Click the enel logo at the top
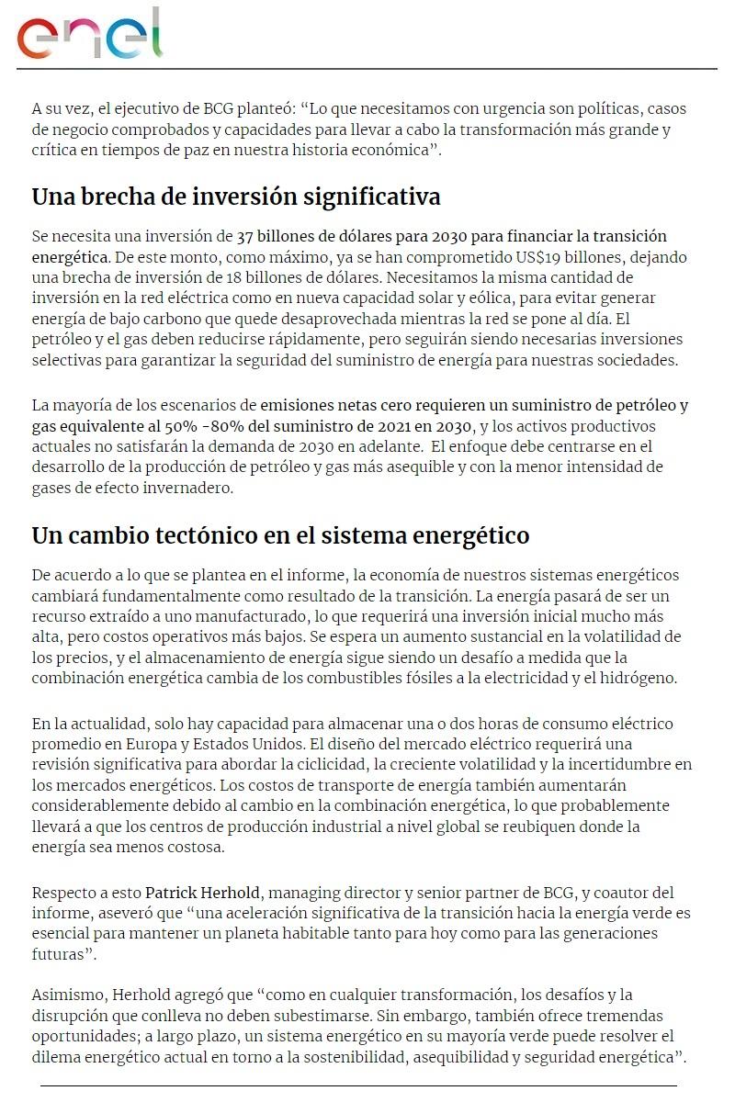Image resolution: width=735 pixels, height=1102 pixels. [89, 35]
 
